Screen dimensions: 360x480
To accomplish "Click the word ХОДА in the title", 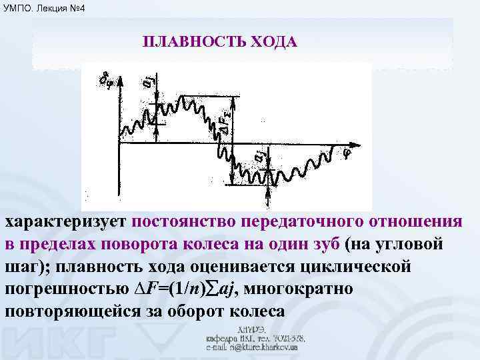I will click(273, 42).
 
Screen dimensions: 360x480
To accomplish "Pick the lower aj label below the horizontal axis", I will click(259, 158).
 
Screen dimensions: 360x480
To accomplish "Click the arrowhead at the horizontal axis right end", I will click(363, 143).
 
